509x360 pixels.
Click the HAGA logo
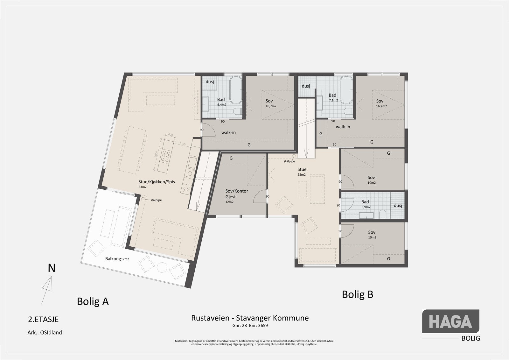pyautogui.click(x=450, y=321)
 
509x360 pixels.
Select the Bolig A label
pyautogui.click(x=93, y=301)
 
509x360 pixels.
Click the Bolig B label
pyautogui.click(x=357, y=294)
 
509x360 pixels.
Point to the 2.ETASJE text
pyautogui.click(x=43, y=319)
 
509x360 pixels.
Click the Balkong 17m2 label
pyautogui.click(x=117, y=259)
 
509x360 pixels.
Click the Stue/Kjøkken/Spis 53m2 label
pyautogui.click(x=157, y=184)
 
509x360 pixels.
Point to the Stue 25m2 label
pyautogui.click(x=302, y=172)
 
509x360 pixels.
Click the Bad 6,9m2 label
pyautogui.click(x=366, y=204)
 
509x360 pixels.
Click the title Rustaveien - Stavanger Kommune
pyautogui.click(x=250, y=318)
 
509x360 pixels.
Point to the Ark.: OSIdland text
pyautogui.click(x=45, y=333)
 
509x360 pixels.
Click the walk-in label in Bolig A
pyautogui.click(x=228, y=132)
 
